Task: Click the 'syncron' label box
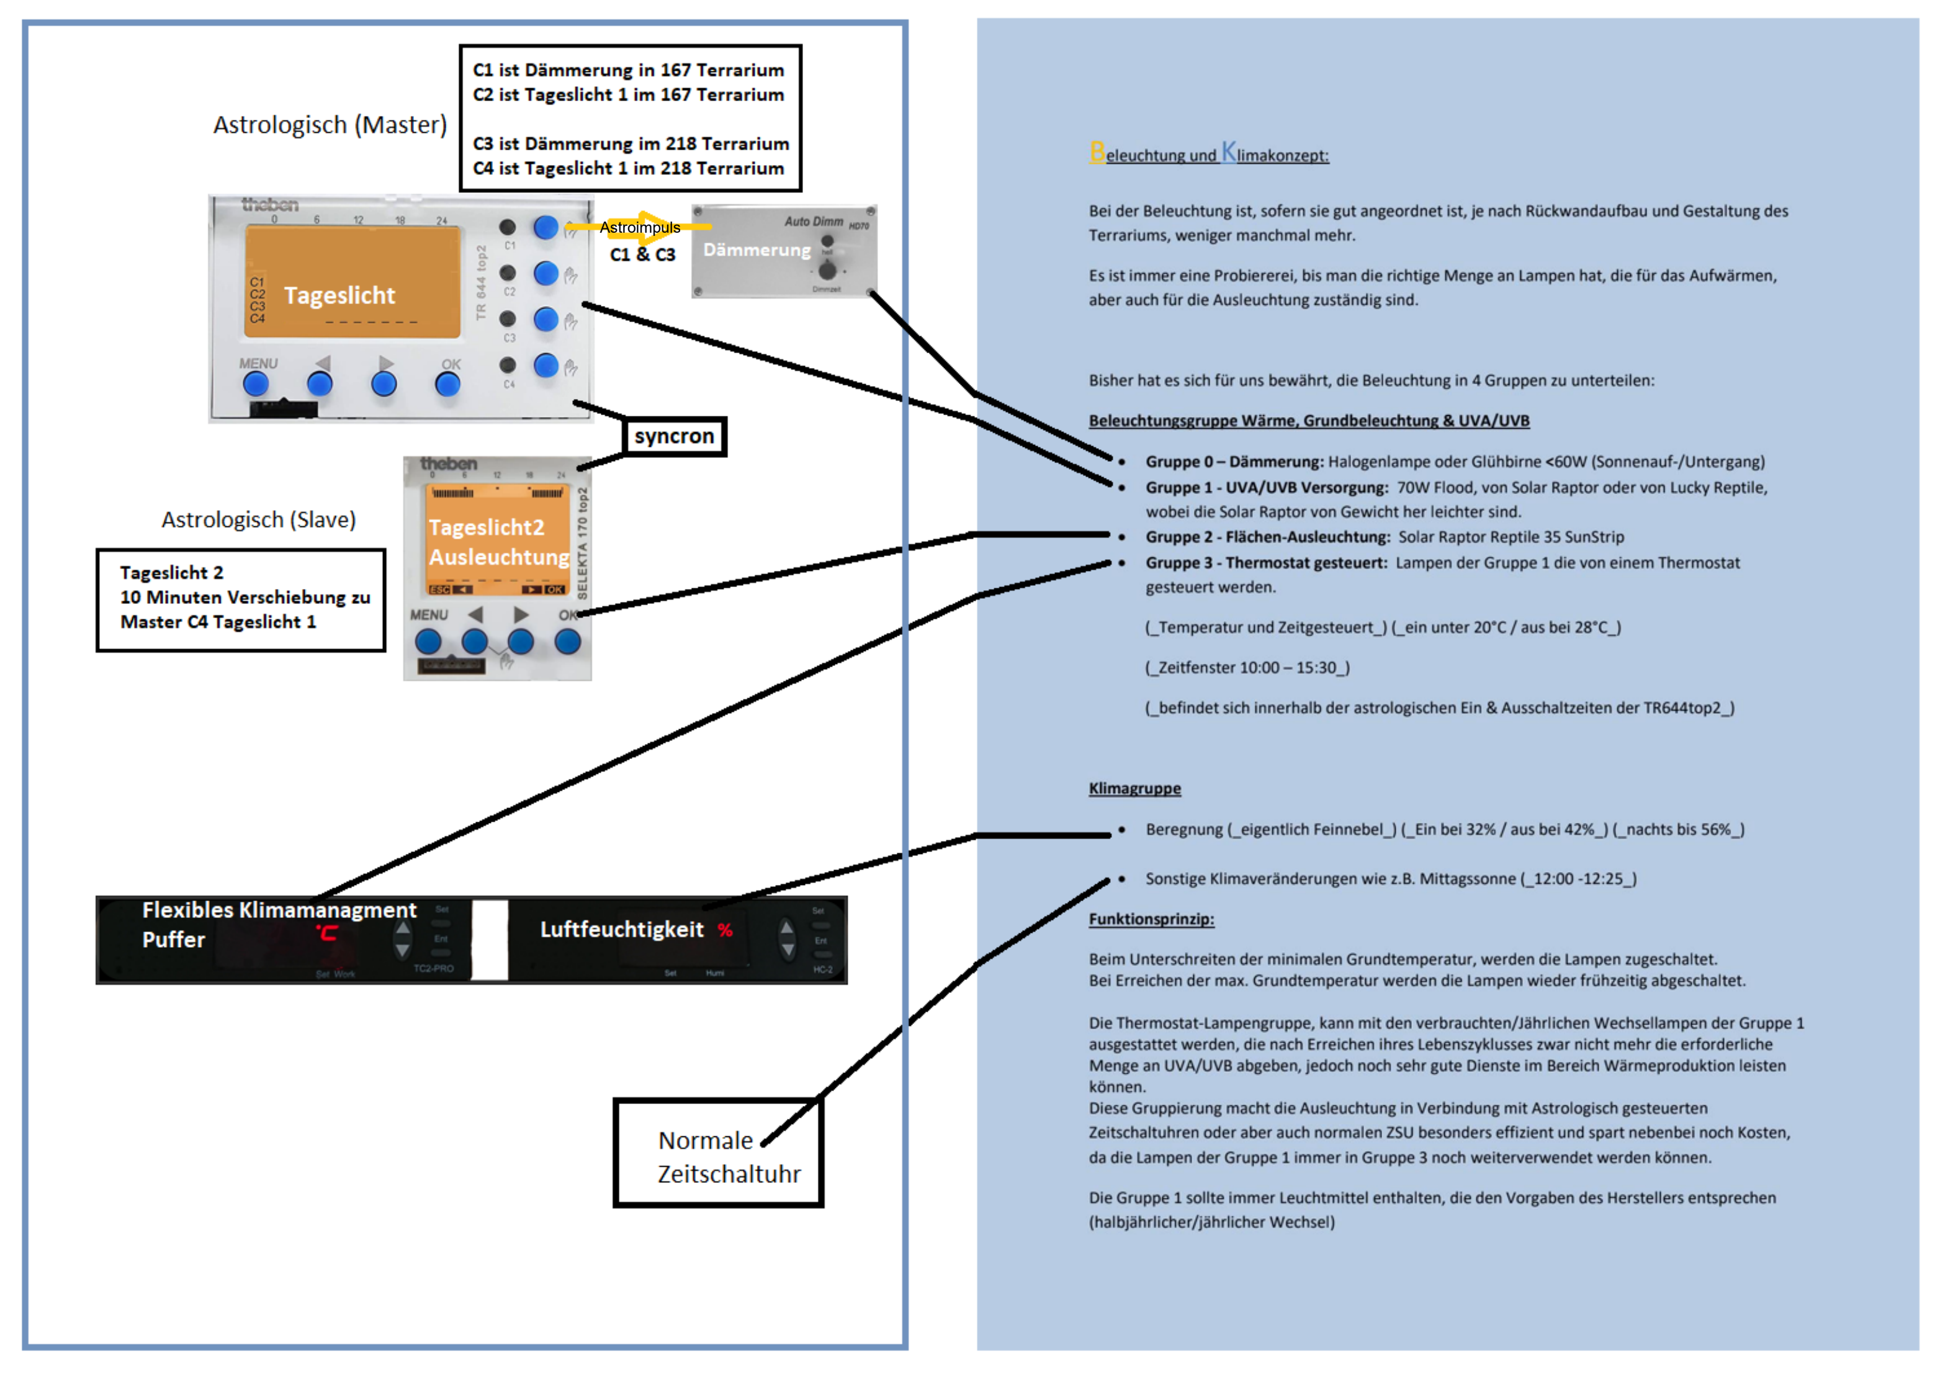click(674, 436)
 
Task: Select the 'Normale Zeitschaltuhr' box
click(717, 1154)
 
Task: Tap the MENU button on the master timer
click(256, 384)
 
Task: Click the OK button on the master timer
click(447, 384)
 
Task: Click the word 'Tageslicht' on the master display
click(339, 295)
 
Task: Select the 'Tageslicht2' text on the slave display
click(486, 528)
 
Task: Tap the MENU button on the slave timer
click(428, 641)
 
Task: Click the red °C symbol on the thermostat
click(327, 932)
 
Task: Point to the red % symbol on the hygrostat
click(724, 930)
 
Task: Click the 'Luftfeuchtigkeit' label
click(621, 930)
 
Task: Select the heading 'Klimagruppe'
click(1134, 788)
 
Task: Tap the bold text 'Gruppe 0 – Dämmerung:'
click(1234, 462)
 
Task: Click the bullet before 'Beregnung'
click(1121, 830)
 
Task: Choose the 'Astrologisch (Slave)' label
click(258, 519)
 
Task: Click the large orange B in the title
click(1097, 152)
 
